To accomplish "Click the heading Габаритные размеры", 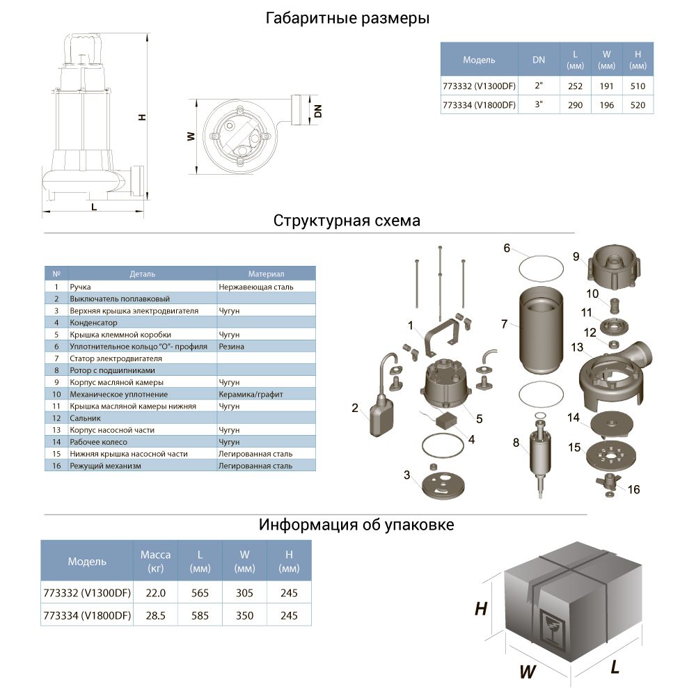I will click(347, 19).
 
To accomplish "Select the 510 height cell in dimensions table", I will click(638, 86).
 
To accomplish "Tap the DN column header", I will click(539, 60).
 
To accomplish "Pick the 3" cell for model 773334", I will click(539, 105).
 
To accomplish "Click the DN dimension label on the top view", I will click(318, 110).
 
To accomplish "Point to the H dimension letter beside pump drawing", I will click(141, 116).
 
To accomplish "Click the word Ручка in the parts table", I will click(81, 286).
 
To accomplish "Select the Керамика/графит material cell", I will click(251, 394).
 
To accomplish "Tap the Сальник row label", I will click(85, 418).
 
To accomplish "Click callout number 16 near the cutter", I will click(633, 489).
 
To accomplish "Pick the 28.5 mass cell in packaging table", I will click(155, 616).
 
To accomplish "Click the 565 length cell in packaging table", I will click(200, 593).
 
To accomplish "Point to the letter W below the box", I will click(527, 672).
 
